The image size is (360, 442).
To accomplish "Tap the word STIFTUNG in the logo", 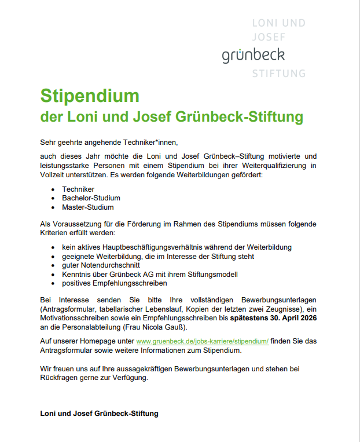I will coord(278,74).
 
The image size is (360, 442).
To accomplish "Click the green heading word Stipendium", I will coord(90,96).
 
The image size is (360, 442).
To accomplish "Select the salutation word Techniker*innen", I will coord(150,142).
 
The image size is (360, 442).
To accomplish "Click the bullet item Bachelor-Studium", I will coord(91,198).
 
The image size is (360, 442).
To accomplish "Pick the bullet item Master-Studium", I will coord(88,207).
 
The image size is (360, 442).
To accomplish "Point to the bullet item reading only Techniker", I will coord(78,189).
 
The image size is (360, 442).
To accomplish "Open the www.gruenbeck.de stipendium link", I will coord(202,341).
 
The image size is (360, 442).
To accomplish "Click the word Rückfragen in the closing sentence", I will coord(60,378).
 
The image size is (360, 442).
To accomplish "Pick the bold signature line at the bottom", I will coord(98,414).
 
